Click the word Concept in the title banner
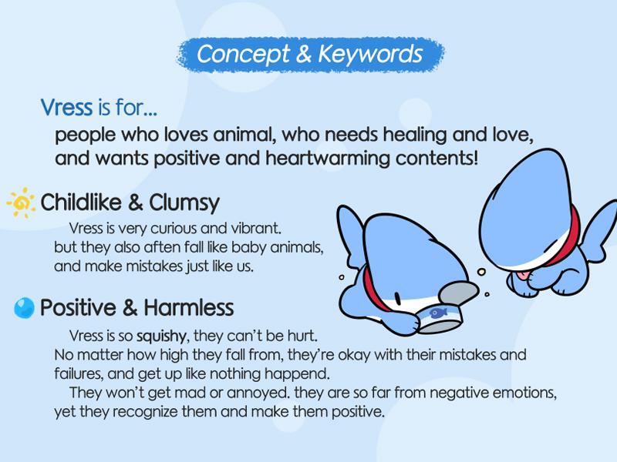243,54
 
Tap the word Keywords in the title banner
371,54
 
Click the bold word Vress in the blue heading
66,107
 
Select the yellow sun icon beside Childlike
22,203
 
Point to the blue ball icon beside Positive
24,307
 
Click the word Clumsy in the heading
184,203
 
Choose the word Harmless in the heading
189,307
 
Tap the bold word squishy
161,336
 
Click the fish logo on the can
439,313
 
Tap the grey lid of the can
459,293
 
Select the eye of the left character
398,300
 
